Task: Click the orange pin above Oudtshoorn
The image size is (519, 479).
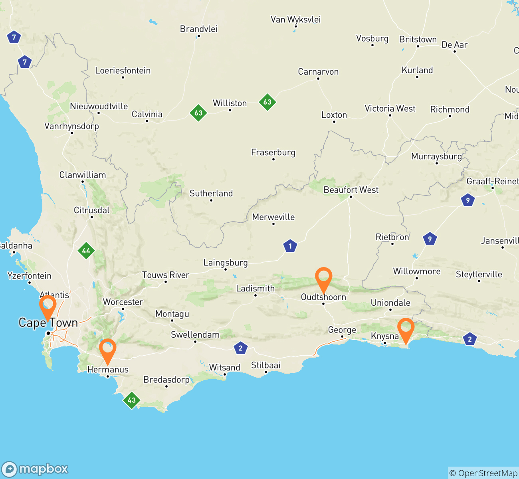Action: (323, 277)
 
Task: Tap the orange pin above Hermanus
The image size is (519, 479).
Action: (107, 348)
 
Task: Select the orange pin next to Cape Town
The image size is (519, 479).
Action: (48, 305)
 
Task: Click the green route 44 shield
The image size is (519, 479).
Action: (86, 251)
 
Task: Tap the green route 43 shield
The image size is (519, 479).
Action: (132, 400)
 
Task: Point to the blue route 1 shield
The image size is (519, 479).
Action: (290, 246)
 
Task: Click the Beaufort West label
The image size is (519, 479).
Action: (351, 190)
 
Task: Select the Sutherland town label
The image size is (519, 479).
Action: (211, 194)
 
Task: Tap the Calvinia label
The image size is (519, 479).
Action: (147, 115)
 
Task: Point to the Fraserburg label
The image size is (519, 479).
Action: (273, 152)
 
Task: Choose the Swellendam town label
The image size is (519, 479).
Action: (195, 335)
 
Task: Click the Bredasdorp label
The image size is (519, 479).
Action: (166, 380)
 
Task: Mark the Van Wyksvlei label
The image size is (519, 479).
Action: (295, 20)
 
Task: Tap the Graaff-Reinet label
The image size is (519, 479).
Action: (492, 182)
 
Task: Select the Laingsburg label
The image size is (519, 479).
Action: (226, 263)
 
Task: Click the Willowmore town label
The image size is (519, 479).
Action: (416, 271)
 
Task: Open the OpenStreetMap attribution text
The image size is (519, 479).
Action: (483, 473)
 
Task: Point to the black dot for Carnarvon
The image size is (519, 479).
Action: (318, 79)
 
